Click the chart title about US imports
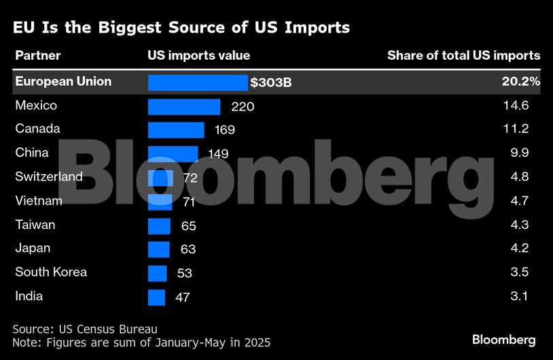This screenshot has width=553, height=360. pyautogui.click(x=181, y=28)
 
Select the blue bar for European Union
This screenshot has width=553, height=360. pyautogui.click(x=198, y=83)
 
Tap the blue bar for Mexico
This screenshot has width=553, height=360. pyautogui.click(x=184, y=107)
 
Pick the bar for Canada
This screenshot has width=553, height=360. pyautogui.click(x=176, y=130)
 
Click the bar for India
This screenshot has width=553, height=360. pyautogui.click(x=156, y=297)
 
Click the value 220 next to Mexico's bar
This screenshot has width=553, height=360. pyautogui.click(x=243, y=107)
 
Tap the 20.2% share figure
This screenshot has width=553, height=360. pyautogui.click(x=521, y=82)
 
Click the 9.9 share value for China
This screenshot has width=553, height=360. pyautogui.click(x=519, y=153)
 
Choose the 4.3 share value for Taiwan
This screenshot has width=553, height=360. pyautogui.click(x=519, y=224)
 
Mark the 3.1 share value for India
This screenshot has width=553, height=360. pyautogui.click(x=519, y=296)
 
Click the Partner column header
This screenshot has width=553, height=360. pyautogui.click(x=38, y=56)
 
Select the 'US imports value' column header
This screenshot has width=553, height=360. pyautogui.click(x=198, y=56)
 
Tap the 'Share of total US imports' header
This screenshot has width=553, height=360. pyautogui.click(x=463, y=56)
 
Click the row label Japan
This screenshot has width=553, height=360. pyautogui.click(x=33, y=248)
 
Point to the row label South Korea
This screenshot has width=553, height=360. pyautogui.click(x=51, y=272)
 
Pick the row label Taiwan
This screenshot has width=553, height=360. pyautogui.click(x=35, y=224)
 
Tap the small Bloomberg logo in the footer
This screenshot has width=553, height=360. pyautogui.click(x=503, y=339)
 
